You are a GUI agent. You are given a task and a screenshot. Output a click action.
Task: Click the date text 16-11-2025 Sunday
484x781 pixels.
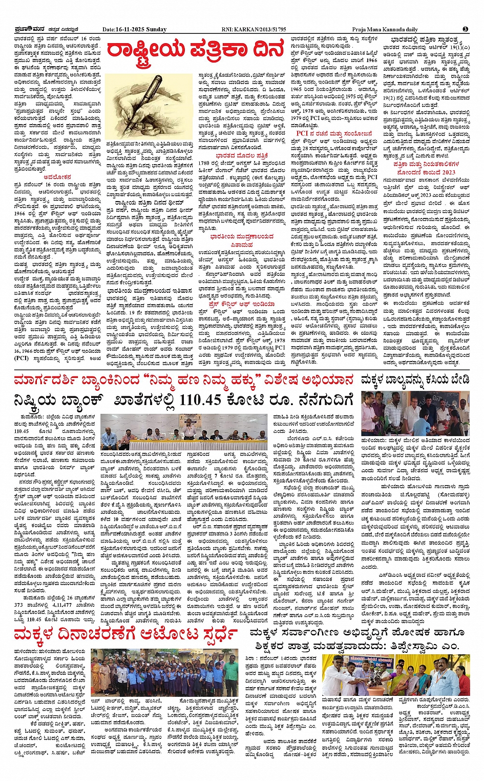click(134, 29)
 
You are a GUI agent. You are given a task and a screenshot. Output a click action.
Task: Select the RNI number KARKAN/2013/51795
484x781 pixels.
click(254, 29)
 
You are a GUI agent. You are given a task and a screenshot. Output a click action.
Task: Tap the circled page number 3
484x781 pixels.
click(466, 29)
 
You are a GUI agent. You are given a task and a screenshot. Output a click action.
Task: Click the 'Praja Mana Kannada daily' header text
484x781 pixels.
click(385, 29)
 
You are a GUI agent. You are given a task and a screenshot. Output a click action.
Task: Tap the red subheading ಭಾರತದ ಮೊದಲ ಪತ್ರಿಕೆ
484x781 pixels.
click(242, 155)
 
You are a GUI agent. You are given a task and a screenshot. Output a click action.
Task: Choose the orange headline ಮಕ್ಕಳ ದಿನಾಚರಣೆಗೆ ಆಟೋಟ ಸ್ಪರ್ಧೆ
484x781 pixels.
click(125, 634)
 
